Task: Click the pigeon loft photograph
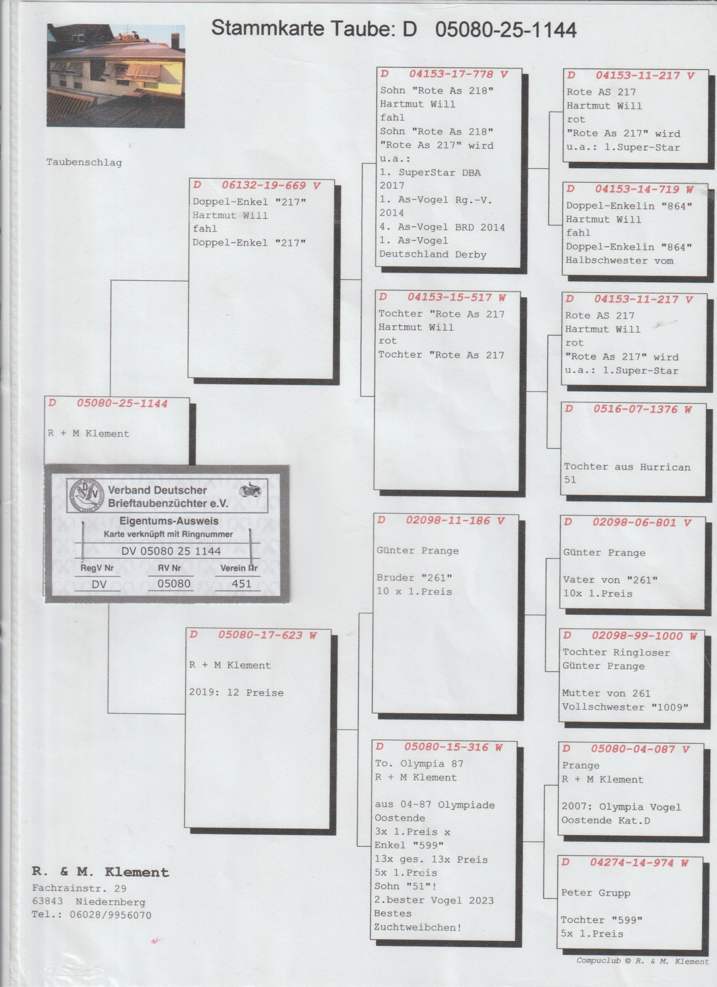[x=115, y=76]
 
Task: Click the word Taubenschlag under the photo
[x=84, y=162]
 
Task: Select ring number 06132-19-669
[x=264, y=186]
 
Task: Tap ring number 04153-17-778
[x=451, y=75]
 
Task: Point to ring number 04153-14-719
[x=637, y=190]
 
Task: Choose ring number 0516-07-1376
[x=635, y=409]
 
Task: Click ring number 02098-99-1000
[x=637, y=636]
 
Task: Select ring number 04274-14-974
[x=632, y=863]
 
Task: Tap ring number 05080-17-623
[x=260, y=635]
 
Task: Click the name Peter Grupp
[x=595, y=893]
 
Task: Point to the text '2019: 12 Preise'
[x=236, y=692]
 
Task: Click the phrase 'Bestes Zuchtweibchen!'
[x=417, y=921]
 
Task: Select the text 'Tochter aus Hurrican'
[x=627, y=467]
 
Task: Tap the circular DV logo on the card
[x=85, y=494]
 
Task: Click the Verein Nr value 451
[x=241, y=584]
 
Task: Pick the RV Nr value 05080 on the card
[x=174, y=584]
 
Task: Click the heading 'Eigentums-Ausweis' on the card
[x=169, y=521]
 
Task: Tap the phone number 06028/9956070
[x=110, y=915]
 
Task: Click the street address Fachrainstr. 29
[x=79, y=888]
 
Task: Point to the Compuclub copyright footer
[x=642, y=961]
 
